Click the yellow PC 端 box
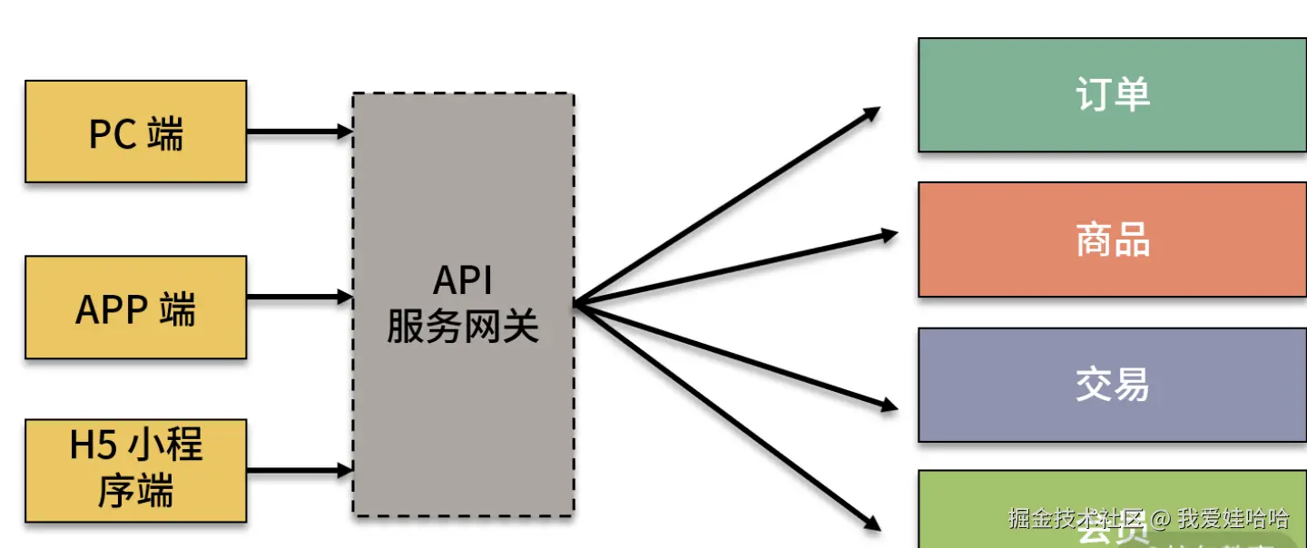tap(136, 132)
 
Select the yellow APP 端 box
tap(136, 308)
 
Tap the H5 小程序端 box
tap(136, 470)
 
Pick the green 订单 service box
tap(1112, 94)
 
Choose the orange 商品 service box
tap(1112, 240)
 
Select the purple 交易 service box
tap(1112, 385)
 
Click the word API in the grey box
tap(463, 281)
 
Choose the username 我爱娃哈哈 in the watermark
tap(1233, 519)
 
